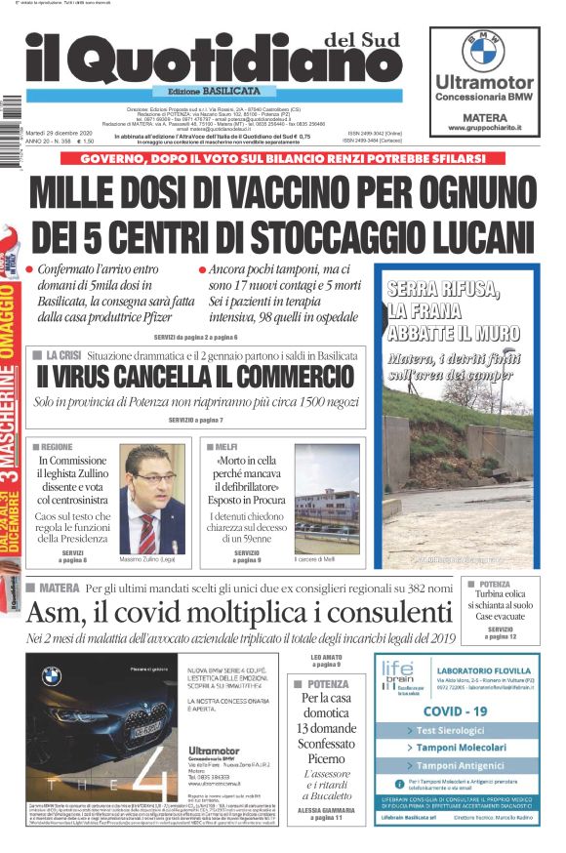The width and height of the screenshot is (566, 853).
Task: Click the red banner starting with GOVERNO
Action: [x=283, y=158]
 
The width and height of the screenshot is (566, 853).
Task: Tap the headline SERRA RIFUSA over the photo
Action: [x=444, y=289]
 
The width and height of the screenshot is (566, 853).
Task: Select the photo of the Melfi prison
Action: [x=326, y=499]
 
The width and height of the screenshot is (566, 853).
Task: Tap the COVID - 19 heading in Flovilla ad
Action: [x=454, y=711]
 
